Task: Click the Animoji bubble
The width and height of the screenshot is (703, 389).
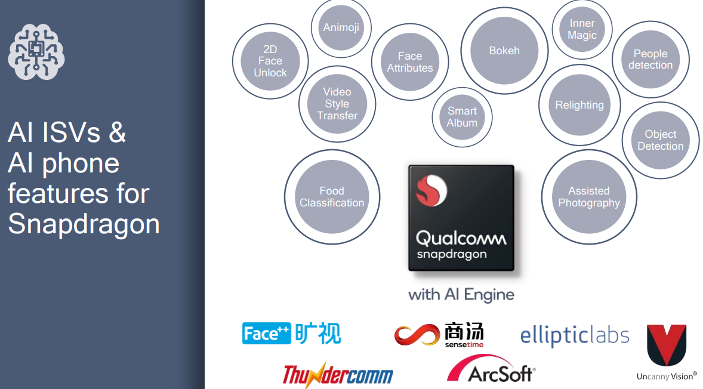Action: coord(341,28)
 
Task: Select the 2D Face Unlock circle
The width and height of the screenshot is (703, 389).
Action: coord(270,61)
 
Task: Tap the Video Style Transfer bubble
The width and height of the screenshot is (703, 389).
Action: coord(337,104)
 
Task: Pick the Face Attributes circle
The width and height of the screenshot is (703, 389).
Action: coord(410,62)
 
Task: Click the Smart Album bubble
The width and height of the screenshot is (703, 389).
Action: coord(462,117)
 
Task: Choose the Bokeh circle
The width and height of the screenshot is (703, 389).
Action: coord(504,51)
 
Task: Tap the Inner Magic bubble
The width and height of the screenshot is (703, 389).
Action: coord(582,29)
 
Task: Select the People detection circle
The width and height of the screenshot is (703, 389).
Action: coord(650,59)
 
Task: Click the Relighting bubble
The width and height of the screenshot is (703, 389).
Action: coord(579,105)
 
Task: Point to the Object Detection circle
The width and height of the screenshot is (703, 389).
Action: coord(661,140)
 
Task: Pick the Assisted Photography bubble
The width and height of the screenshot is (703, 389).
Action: coord(589,197)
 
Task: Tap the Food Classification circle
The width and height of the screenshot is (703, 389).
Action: coord(332,197)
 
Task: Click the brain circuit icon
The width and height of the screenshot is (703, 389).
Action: coord(36,51)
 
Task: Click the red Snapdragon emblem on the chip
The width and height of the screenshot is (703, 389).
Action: coord(431,190)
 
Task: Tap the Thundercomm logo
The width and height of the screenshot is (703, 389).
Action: coord(338,375)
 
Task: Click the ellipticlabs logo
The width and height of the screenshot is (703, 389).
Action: coord(575,336)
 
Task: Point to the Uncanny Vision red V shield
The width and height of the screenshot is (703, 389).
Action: coord(667,345)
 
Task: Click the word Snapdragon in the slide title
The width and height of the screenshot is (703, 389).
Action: coord(84,224)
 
